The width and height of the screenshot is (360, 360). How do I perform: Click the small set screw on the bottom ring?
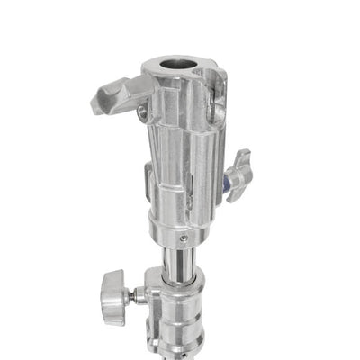(x=184, y=238)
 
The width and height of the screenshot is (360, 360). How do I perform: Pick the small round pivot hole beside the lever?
(x=143, y=112)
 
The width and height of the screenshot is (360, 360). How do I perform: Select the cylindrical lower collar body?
(x=184, y=319)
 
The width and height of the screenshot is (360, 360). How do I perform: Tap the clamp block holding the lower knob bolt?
(x=153, y=297)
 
